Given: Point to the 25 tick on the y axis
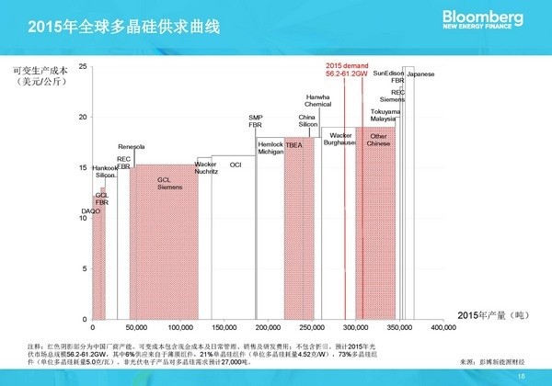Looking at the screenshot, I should click(x=83, y=67).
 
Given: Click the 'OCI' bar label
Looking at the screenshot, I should click(x=235, y=165).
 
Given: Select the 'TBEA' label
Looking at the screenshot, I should click(x=294, y=145).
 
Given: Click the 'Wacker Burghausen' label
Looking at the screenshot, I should click(x=340, y=139).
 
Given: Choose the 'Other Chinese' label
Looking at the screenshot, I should click(x=378, y=140).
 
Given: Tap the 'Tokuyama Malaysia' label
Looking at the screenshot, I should click(x=384, y=115).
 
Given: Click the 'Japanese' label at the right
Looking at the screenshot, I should click(x=420, y=74).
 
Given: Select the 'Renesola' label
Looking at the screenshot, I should click(x=132, y=147).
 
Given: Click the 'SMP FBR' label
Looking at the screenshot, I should click(x=256, y=120).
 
